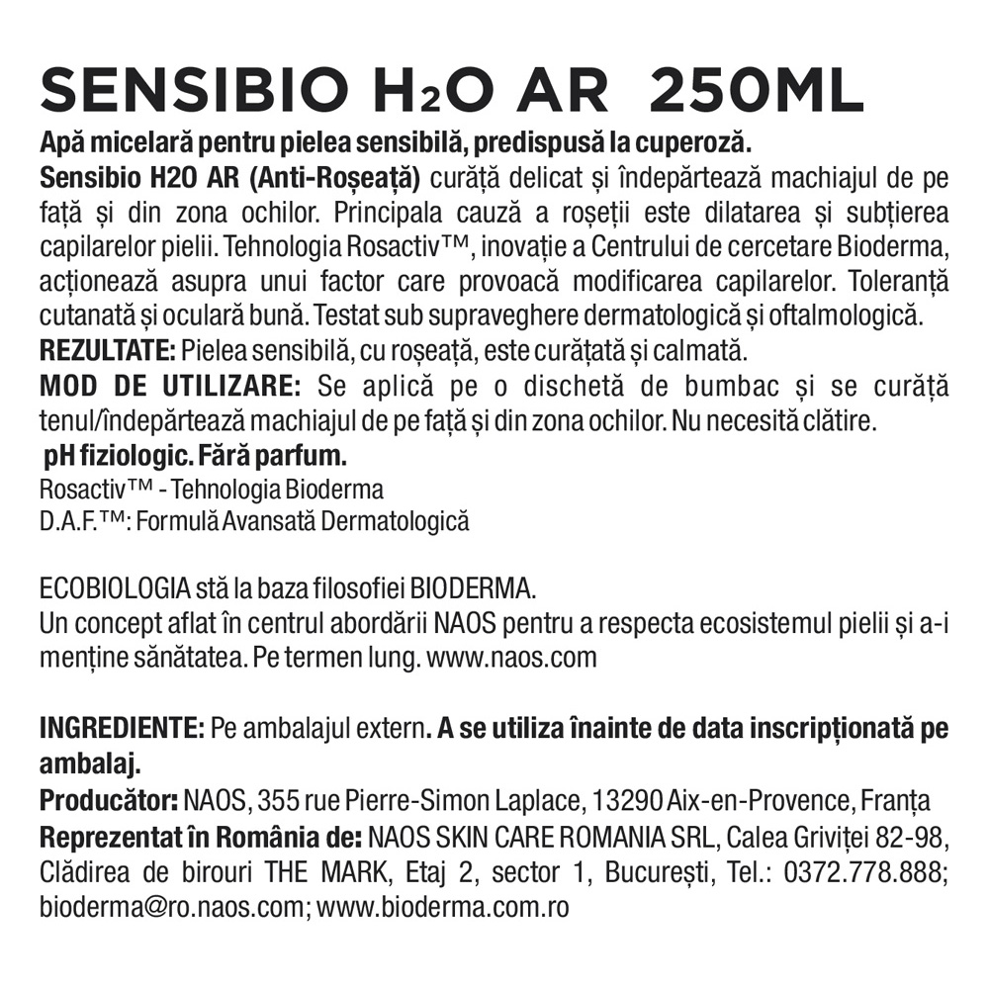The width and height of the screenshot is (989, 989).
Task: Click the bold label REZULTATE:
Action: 107,351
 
